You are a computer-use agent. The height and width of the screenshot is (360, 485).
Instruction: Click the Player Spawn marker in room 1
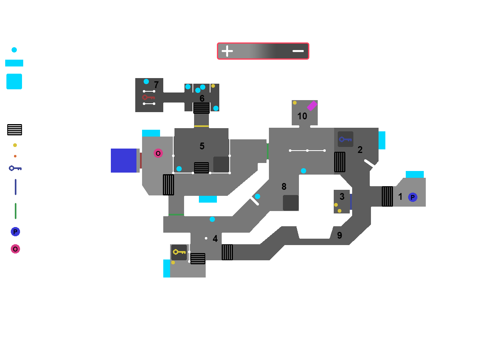click(413, 197)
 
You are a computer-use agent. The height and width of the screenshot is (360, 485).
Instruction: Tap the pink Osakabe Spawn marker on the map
click(158, 153)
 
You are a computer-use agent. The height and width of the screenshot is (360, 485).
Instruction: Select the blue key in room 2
click(345, 139)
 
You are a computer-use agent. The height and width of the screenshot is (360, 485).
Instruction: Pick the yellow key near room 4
click(179, 252)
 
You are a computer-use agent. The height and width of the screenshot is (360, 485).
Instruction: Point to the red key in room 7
click(148, 97)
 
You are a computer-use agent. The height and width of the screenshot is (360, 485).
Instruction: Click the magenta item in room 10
click(312, 106)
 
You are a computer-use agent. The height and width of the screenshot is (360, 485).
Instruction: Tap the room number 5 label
click(202, 146)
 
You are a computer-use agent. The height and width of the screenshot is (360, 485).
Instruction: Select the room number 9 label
click(339, 235)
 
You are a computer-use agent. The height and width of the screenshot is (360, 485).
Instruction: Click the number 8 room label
click(284, 187)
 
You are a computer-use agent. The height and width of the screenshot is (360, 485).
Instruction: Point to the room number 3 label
click(342, 197)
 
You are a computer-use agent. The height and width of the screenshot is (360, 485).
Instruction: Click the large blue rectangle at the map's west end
click(124, 161)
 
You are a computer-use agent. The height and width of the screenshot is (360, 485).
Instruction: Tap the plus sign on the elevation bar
click(227, 51)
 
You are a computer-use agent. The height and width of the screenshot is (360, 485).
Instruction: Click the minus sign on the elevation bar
click(298, 51)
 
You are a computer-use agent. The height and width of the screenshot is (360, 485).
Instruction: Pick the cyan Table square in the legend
click(14, 82)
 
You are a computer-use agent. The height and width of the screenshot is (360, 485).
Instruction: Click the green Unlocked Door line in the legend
click(16, 211)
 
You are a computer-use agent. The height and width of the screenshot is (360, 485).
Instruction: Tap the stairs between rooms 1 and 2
click(387, 196)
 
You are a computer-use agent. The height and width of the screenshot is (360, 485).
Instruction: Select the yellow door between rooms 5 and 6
click(201, 126)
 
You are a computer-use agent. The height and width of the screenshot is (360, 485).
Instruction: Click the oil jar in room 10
click(295, 103)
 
